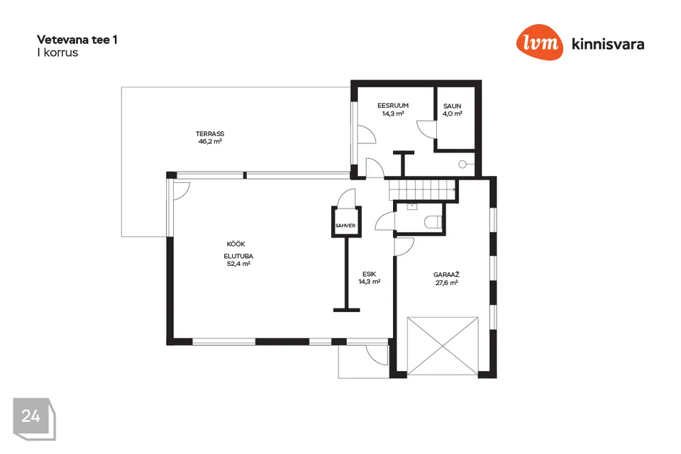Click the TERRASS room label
pyautogui.click(x=210, y=134)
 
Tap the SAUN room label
pyautogui.click(x=452, y=106)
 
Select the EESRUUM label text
pyautogui.click(x=393, y=106)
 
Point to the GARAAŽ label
pyautogui.click(x=446, y=275)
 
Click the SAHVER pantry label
pyautogui.click(x=345, y=226)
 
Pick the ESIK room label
pyautogui.click(x=369, y=274)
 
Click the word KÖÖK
pyautogui.click(x=236, y=244)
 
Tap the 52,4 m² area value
pyautogui.click(x=238, y=264)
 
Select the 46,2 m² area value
pyautogui.click(x=210, y=141)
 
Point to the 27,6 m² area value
pyautogui.click(x=446, y=283)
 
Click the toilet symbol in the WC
pyautogui.click(x=433, y=222)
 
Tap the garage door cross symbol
pyautogui.click(x=443, y=346)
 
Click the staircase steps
pyautogui.click(x=422, y=190)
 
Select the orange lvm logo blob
pyautogui.click(x=539, y=42)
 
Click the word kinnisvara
pyautogui.click(x=608, y=44)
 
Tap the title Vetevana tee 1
pyautogui.click(x=77, y=40)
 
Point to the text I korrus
pyautogui.click(x=57, y=52)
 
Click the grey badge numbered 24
pyautogui.click(x=34, y=419)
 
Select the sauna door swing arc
pyautogui.click(x=423, y=131)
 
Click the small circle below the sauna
pyautogui.click(x=463, y=165)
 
